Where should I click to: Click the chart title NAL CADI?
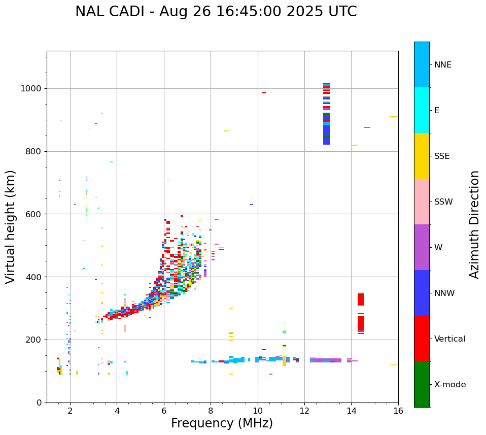(216, 12)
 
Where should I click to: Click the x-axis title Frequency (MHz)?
(222, 423)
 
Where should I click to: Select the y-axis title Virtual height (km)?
(11, 226)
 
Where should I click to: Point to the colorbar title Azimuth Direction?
(474, 224)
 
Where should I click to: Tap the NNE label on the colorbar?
(442, 65)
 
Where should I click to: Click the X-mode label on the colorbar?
(449, 385)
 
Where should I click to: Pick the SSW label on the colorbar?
(443, 202)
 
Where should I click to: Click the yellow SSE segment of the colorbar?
(422, 156)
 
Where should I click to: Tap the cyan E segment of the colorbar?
(422, 110)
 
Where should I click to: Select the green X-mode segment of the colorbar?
(422, 384)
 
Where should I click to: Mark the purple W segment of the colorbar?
(422, 247)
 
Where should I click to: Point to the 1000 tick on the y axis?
(33, 88)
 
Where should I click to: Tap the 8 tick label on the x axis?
(211, 410)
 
